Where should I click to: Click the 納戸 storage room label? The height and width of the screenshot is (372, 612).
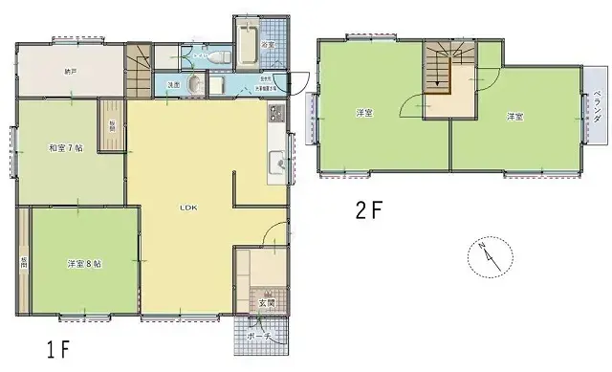[70, 72]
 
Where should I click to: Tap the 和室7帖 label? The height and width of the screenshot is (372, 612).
[65, 148]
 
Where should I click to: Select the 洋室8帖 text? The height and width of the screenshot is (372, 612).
[84, 263]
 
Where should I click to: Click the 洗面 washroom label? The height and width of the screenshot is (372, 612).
[173, 85]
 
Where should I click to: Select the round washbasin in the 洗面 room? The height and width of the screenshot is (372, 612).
[194, 86]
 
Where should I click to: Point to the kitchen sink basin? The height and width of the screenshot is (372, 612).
[277, 164]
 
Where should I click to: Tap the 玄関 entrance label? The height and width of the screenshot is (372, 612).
[264, 304]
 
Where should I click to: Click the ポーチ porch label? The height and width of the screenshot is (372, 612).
[259, 336]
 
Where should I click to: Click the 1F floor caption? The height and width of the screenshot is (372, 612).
[57, 347]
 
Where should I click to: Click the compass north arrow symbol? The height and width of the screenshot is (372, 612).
[486, 256]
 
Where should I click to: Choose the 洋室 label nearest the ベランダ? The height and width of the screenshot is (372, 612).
[514, 117]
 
